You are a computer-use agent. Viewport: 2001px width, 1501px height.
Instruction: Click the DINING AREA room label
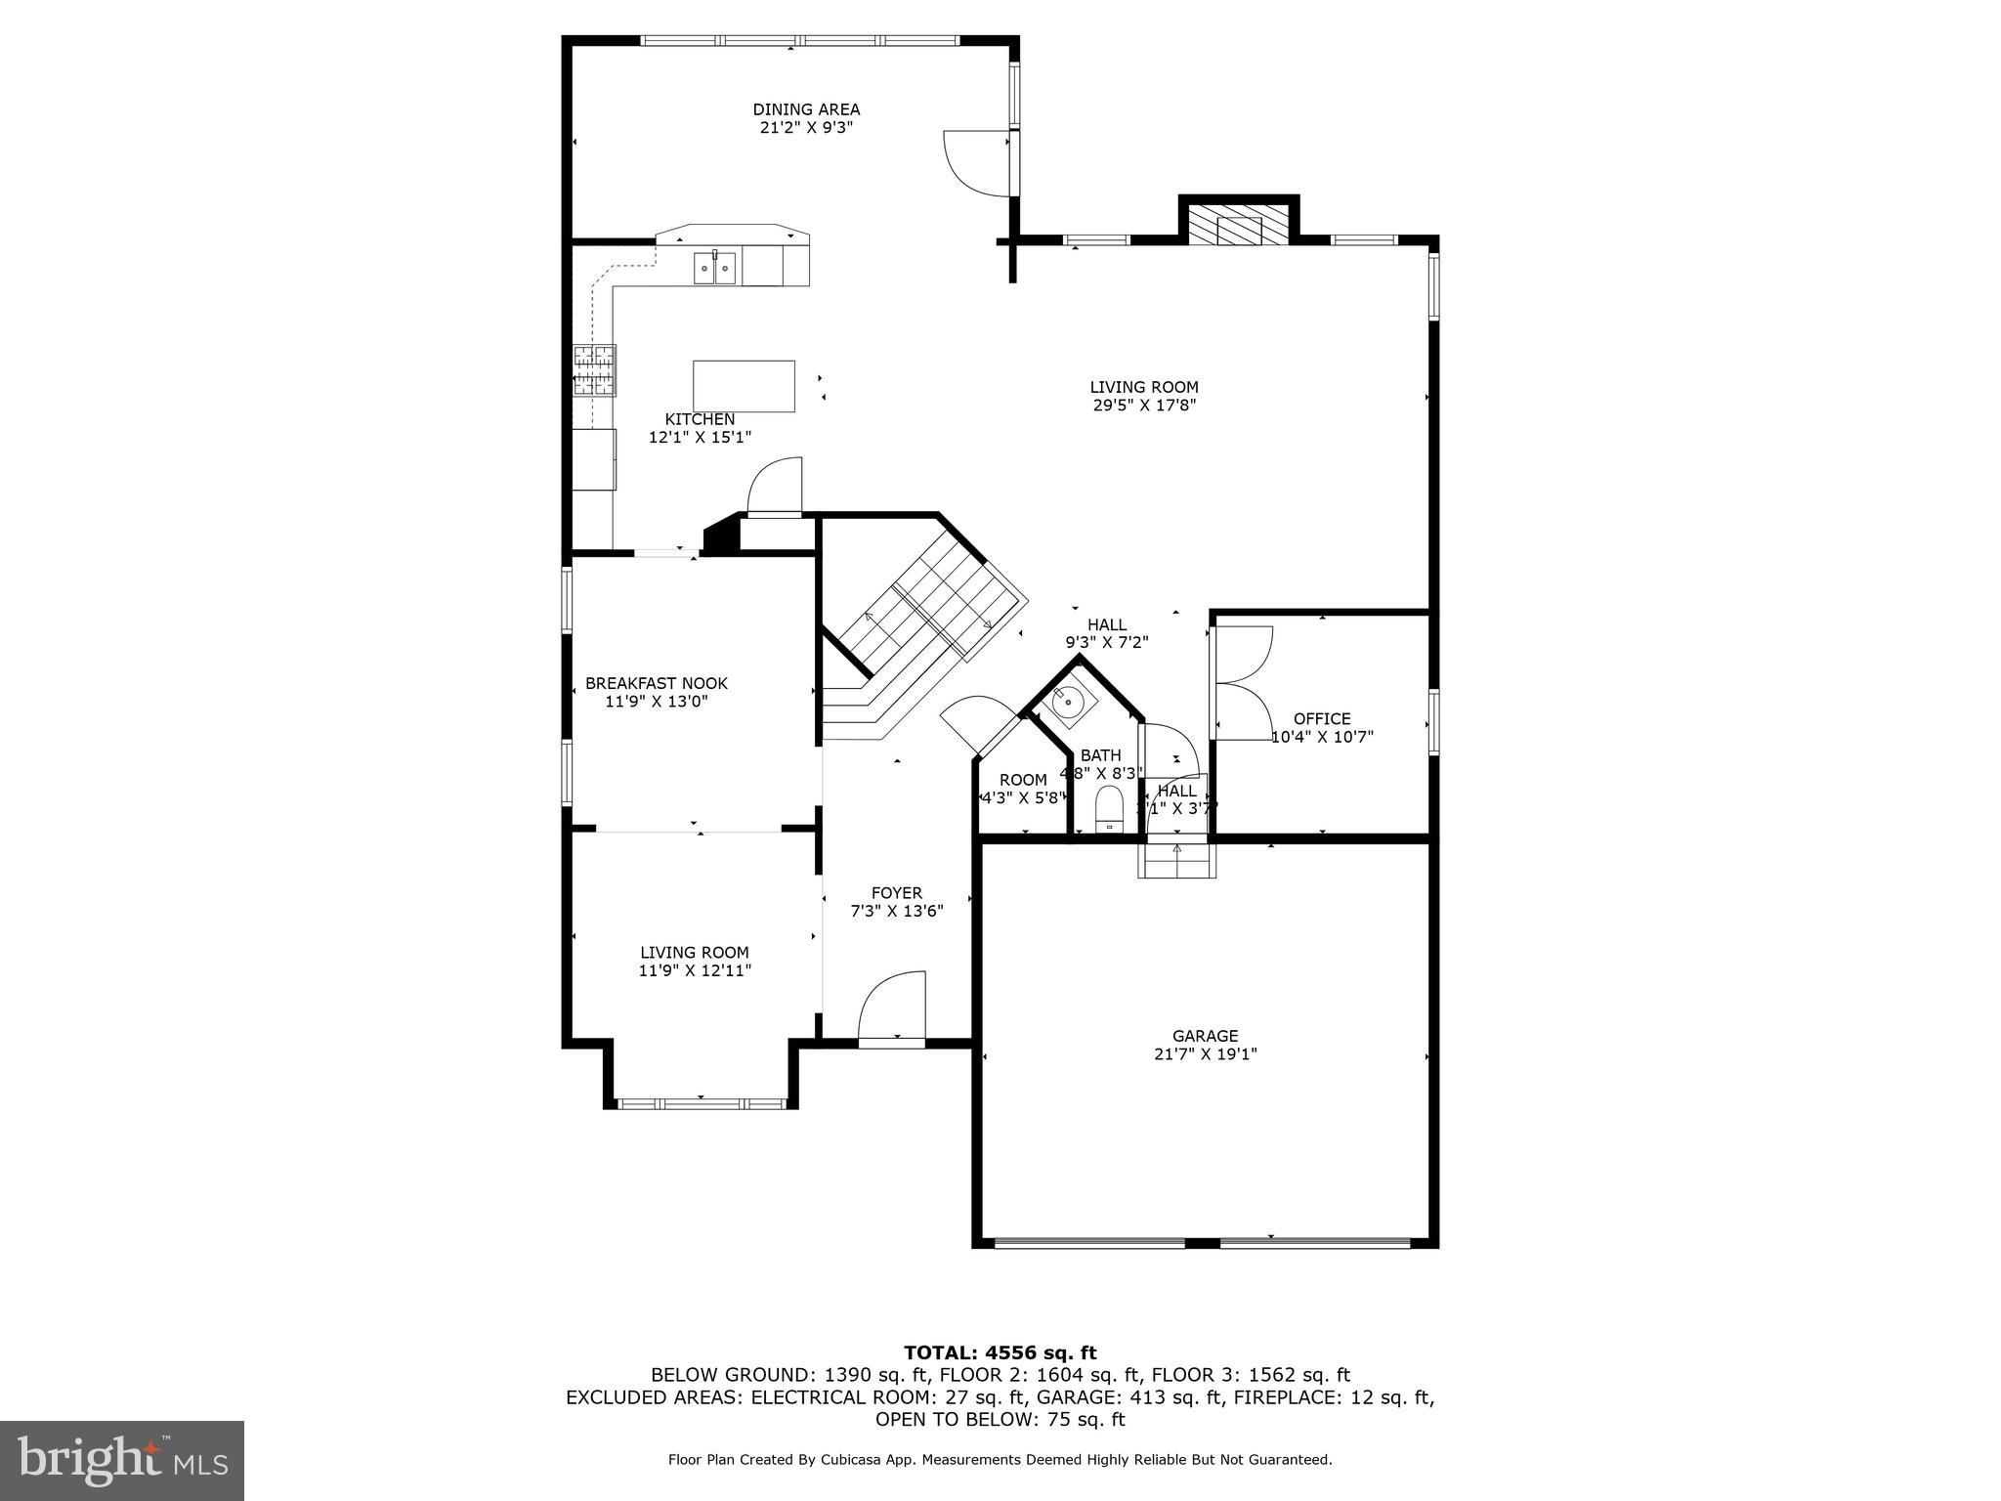[x=806, y=109]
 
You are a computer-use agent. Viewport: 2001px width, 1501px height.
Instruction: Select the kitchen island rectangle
[x=744, y=386]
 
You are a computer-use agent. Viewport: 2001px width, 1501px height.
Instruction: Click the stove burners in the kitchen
[x=594, y=370]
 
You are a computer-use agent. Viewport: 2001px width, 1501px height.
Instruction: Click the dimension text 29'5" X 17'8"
[x=1144, y=405]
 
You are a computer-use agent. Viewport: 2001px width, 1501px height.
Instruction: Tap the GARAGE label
[x=1205, y=1036]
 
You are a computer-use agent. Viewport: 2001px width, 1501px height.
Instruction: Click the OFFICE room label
[x=1322, y=718]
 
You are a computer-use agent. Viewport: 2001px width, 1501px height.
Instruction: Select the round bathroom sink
[x=1068, y=701]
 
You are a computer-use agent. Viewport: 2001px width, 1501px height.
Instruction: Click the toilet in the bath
[x=1110, y=810]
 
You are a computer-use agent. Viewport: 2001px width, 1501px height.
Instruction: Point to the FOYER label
[x=896, y=892]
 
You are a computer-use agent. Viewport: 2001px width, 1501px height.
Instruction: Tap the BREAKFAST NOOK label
[x=656, y=683]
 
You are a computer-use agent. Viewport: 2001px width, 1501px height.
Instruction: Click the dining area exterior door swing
[x=973, y=162]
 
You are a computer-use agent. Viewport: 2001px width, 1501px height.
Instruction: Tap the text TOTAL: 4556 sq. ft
[x=1000, y=1352]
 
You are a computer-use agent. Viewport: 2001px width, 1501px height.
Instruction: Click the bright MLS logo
[x=122, y=1460]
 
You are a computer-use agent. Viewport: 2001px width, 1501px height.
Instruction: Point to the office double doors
[x=1241, y=682]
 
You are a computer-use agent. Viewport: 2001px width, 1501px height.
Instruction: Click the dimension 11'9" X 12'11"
[x=695, y=970]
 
